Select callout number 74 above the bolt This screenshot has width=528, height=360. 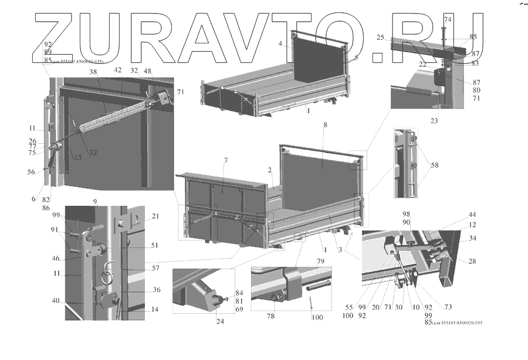point(448,20)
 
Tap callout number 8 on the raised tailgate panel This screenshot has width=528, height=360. point(325,126)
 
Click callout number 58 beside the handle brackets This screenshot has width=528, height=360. point(435,166)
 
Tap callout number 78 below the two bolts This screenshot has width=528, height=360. point(271,316)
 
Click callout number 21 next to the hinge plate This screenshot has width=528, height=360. point(155,217)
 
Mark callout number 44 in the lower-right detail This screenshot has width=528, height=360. point(472,215)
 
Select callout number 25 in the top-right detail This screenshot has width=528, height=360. point(380,38)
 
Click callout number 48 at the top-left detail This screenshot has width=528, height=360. point(148,72)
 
